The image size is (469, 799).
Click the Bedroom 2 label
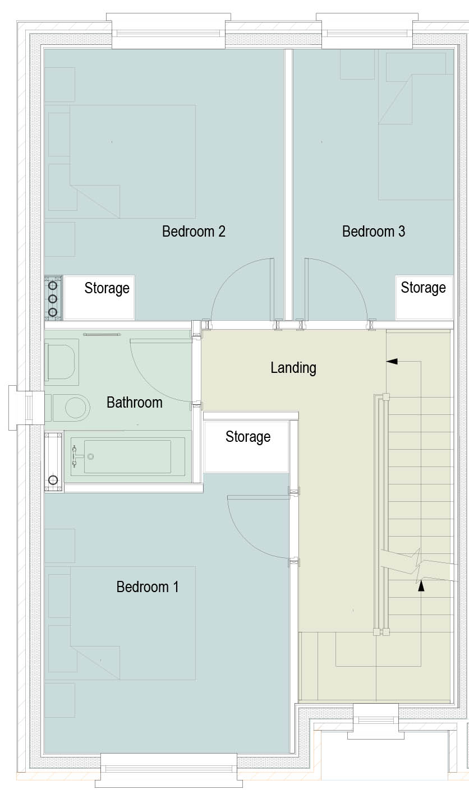pyautogui.click(x=194, y=232)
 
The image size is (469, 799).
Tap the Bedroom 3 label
pyautogui.click(x=374, y=232)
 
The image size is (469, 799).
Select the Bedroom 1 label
pyautogui.click(x=148, y=586)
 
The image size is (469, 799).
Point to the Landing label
pyautogui.click(x=293, y=368)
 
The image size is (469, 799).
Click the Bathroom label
pyautogui.click(x=135, y=403)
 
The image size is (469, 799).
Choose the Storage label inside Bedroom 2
pyautogui.click(x=107, y=288)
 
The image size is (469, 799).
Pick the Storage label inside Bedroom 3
pyautogui.click(x=424, y=288)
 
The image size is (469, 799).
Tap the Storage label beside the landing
pyautogui.click(x=248, y=437)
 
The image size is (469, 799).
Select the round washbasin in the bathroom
pyautogui.click(x=76, y=407)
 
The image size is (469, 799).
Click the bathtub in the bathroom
pyautogui.click(x=128, y=456)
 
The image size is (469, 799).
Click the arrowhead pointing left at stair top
pyautogui.click(x=392, y=361)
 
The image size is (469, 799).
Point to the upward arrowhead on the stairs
pyautogui.click(x=421, y=586)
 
